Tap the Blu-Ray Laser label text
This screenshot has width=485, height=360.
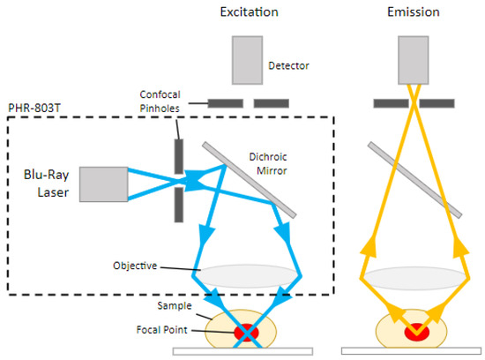41,184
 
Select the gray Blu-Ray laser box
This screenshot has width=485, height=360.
104,184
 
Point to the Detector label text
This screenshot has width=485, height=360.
290,64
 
